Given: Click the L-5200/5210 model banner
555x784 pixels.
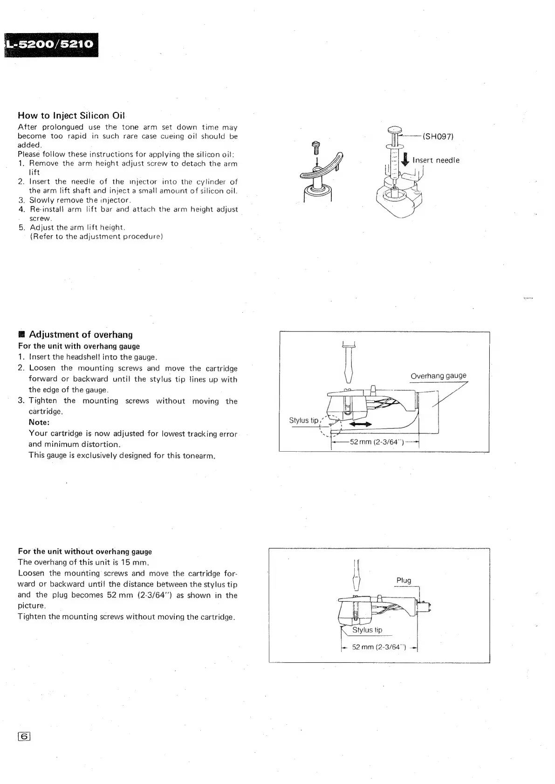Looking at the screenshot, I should (50, 45).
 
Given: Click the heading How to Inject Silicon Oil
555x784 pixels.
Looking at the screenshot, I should (71, 115).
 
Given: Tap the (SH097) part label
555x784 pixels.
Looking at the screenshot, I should (438, 136).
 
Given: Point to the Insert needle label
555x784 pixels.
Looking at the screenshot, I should (436, 160).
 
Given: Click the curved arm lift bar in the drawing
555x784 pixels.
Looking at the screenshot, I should (320, 168).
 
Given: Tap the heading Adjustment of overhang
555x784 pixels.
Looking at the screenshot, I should (80, 335).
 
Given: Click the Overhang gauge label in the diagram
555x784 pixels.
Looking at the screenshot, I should (438, 376).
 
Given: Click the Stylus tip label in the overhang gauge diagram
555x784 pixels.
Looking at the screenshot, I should (304, 420).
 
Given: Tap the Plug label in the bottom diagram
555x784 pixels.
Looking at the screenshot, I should (404, 580).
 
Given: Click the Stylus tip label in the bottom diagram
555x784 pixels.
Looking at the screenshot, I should (367, 630).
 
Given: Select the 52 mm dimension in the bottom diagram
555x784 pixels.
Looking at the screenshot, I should (378, 647).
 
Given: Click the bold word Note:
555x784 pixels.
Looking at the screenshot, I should (39, 422).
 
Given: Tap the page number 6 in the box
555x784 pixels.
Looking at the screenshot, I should (24, 736).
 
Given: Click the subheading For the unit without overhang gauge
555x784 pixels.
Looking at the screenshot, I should (85, 551).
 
